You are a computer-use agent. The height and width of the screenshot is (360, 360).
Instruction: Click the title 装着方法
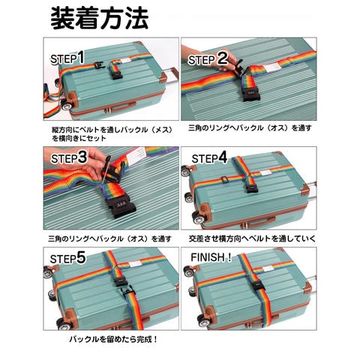click(x=100, y=19)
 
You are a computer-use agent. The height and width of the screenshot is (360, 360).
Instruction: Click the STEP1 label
click(x=67, y=58)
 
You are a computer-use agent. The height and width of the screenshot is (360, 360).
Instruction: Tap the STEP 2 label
click(x=208, y=58)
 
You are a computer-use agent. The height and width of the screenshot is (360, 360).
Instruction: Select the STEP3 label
click(x=69, y=157)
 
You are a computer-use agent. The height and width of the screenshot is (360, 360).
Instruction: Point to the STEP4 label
click(x=209, y=157)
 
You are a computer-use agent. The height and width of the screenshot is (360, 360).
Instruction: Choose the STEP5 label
click(x=67, y=258)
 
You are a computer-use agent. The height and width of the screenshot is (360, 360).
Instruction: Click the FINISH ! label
click(x=211, y=257)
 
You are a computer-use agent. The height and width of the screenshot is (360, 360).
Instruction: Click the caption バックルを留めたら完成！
click(x=113, y=339)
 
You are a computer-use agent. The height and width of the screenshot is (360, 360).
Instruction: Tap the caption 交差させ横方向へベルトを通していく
click(x=252, y=238)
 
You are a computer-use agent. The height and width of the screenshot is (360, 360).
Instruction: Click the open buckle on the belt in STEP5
click(x=127, y=292)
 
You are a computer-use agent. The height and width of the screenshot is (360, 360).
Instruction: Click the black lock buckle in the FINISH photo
click(x=258, y=286)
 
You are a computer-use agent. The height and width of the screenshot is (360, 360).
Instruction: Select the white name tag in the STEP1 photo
click(x=126, y=61)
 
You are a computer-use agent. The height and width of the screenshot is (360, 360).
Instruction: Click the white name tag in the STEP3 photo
click(x=136, y=157)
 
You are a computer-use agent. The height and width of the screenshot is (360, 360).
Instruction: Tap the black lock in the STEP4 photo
click(x=252, y=188)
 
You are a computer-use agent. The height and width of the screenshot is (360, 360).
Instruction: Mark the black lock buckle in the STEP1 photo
click(x=117, y=74)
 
